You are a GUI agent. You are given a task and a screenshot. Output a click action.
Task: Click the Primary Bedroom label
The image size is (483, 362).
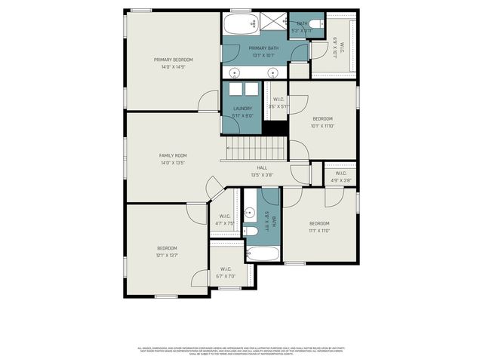tap(173, 60)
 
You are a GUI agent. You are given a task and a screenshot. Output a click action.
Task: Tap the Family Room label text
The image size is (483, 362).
tap(173, 155)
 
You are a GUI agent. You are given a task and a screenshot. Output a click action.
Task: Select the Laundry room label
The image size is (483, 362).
tap(242, 109)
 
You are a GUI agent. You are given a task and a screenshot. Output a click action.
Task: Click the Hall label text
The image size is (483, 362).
tap(262, 167)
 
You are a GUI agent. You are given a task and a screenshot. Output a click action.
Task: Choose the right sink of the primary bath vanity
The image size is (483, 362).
tap(273, 72)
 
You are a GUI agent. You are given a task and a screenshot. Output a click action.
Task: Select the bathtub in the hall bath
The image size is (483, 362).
tap(263, 251)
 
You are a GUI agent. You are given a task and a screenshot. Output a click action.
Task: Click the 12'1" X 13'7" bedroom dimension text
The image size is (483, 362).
tap(167, 256)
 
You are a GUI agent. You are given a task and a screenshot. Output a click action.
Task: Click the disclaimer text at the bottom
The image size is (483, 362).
tap(241, 351)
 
